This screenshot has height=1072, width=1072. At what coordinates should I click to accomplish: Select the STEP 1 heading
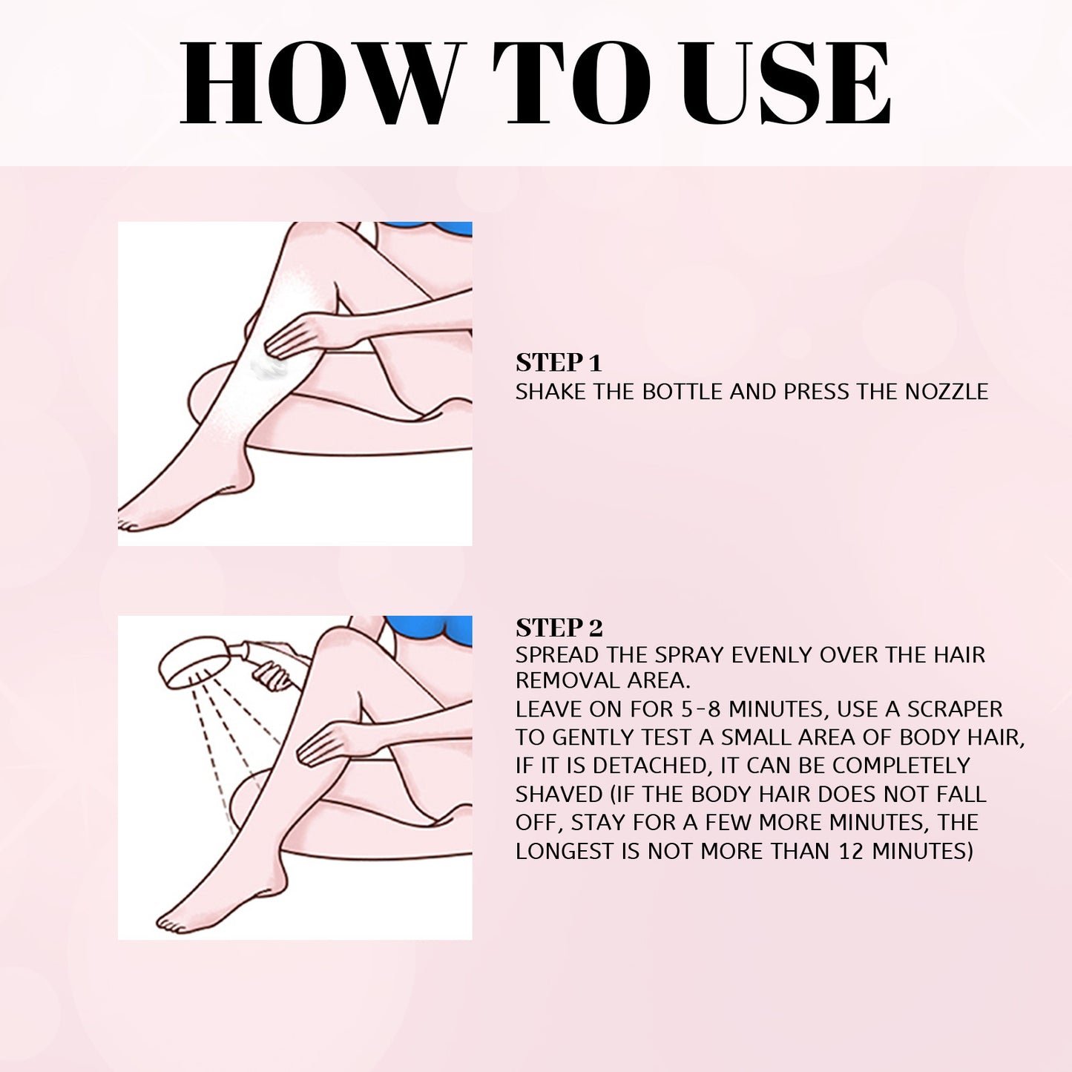(x=558, y=363)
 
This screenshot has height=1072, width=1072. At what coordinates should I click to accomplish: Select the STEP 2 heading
(x=559, y=628)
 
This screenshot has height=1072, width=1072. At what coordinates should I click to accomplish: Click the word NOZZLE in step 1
(x=946, y=392)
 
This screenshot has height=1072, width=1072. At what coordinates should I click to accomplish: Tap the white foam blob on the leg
(x=266, y=366)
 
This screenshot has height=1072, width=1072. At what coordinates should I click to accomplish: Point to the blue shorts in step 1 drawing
(x=430, y=228)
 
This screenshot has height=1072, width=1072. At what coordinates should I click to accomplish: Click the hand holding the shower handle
(x=273, y=676)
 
